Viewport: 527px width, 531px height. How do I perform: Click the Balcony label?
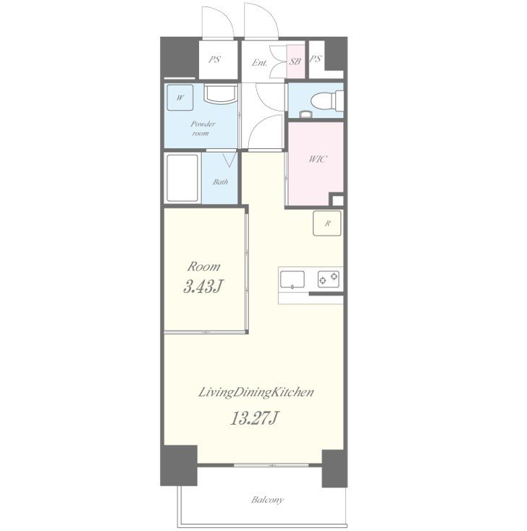[x=267, y=500]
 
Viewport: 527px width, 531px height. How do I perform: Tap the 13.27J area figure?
[x=255, y=417]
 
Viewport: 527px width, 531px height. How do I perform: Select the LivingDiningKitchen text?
[x=256, y=393]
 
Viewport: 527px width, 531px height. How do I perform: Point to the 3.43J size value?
[x=203, y=286]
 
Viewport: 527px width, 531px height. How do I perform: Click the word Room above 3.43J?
[x=203, y=266]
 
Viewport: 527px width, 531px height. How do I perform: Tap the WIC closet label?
[x=318, y=159]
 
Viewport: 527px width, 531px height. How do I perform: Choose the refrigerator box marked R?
[x=327, y=223]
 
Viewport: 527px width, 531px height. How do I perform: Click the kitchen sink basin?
[x=292, y=280]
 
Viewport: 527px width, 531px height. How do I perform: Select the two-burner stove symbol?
[x=329, y=279]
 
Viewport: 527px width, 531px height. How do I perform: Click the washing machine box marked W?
[x=180, y=98]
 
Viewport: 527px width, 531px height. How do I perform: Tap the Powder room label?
[x=202, y=128]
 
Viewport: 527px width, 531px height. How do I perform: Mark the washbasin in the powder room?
[x=221, y=93]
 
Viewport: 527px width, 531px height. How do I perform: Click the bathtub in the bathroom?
[x=182, y=178]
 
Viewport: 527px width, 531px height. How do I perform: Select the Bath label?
[x=220, y=182]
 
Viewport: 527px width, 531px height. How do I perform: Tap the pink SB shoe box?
[x=296, y=61]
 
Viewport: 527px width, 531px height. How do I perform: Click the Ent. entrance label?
[x=260, y=63]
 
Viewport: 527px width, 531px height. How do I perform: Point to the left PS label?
[x=214, y=59]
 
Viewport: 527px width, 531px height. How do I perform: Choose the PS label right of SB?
[x=316, y=59]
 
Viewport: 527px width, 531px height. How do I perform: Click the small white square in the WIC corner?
[x=338, y=200]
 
